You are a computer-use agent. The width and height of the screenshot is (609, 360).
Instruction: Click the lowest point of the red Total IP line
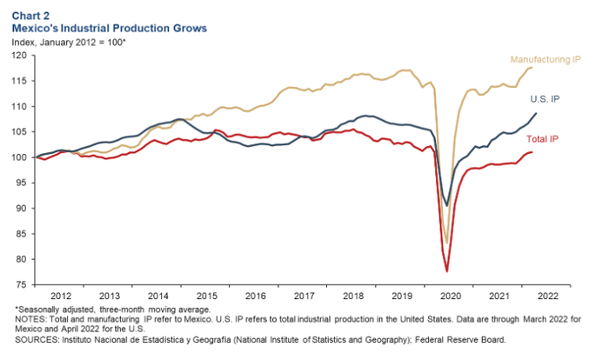(447, 272)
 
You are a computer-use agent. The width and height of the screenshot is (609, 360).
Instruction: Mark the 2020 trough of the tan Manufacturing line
(447, 244)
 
